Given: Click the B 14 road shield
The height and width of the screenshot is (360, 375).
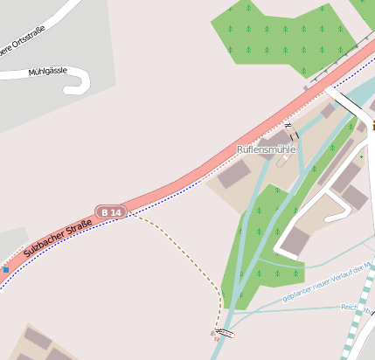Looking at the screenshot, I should click(111, 211).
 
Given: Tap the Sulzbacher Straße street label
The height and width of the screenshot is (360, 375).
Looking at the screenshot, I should click(58, 236).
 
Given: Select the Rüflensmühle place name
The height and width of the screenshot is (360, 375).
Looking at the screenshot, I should click(267, 149).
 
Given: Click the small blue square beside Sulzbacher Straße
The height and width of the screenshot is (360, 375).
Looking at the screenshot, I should click(5, 270).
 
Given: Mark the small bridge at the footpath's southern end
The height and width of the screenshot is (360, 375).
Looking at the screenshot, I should click(225, 333).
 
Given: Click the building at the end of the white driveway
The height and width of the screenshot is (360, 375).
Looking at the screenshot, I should click(295, 239).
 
